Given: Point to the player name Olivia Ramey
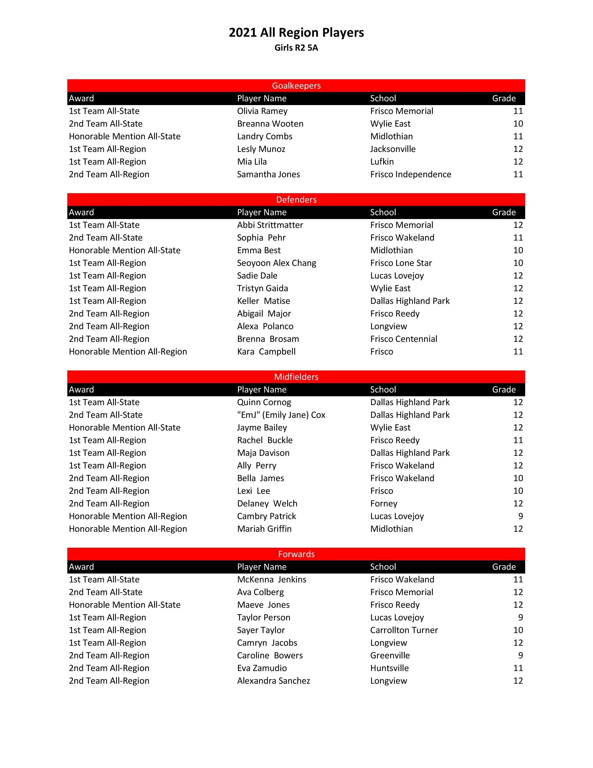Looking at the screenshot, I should pos(262,111).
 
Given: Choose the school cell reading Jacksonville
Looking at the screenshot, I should pos(393,149).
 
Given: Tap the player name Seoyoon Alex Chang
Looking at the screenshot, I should pos(276,263).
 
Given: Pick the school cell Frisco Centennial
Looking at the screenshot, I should pos(403,339).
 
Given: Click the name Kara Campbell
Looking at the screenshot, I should pos(266,352).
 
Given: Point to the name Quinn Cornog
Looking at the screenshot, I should pos(264,402).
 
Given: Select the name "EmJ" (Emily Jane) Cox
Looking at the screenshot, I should pos(281,415).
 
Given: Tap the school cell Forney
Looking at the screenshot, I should pos(383,504).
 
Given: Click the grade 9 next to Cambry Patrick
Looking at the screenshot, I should pos(520,516).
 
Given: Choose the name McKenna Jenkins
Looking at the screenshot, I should pos(271,580).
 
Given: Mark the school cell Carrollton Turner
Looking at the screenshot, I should pos(404,630).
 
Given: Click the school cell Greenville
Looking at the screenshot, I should pos(390,656).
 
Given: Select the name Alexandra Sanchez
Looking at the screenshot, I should pos(274,681).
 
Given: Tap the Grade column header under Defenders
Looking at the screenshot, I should pos(504,212).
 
